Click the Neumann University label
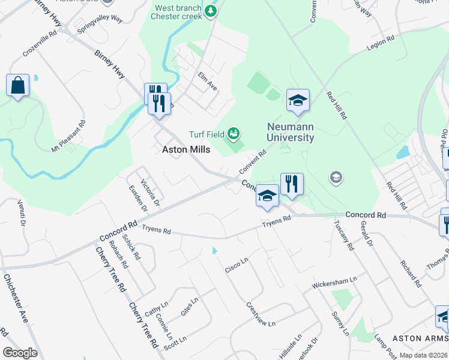291,132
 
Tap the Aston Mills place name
187,150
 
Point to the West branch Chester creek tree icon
211,11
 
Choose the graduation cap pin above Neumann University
298,101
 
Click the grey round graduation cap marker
336,177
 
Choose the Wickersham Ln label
334,282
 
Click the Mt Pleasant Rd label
69,137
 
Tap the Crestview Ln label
261,314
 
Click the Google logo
20,353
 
